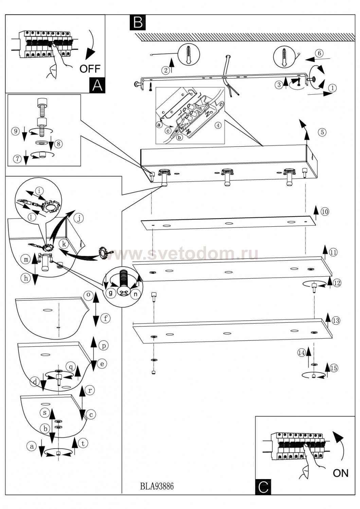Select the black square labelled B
[x=138, y=22]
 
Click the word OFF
[x=90, y=69]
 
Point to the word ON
[x=341, y=473]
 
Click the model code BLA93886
[x=157, y=486]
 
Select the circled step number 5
[x=322, y=132]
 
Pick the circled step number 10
[x=325, y=212]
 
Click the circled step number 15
[x=334, y=368]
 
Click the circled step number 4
[x=218, y=125]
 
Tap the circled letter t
[x=83, y=443]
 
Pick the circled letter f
[x=106, y=318]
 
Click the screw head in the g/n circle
[x=123, y=291]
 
